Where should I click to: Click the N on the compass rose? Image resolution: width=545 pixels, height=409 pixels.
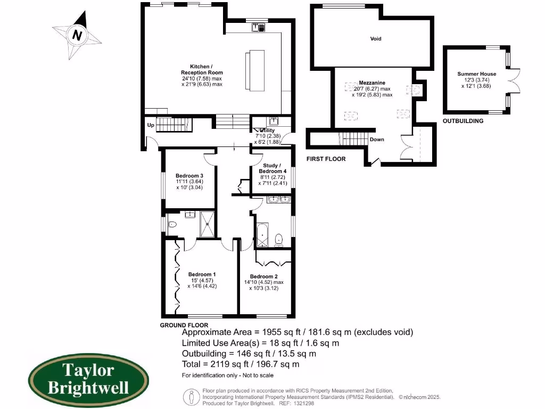78,36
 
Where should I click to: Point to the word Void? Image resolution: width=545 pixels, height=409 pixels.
376,39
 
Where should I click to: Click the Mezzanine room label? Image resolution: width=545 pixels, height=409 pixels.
371,83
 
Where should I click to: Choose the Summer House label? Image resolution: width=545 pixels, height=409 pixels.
476,74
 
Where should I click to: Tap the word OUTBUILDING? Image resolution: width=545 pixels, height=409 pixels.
463,121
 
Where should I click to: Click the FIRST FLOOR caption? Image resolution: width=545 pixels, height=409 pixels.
326,159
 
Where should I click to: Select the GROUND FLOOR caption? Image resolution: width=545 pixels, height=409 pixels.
184,325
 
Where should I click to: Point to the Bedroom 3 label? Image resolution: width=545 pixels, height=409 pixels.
189,176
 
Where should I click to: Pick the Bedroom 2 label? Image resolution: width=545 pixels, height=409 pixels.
264,276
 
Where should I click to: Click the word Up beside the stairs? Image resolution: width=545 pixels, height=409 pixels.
151,126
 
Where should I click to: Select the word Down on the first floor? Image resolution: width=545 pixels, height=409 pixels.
377,140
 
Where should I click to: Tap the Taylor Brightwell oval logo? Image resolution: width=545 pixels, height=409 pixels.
88,378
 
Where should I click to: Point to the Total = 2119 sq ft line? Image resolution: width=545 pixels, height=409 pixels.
241,364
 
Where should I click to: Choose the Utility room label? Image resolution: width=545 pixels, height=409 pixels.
267,130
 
